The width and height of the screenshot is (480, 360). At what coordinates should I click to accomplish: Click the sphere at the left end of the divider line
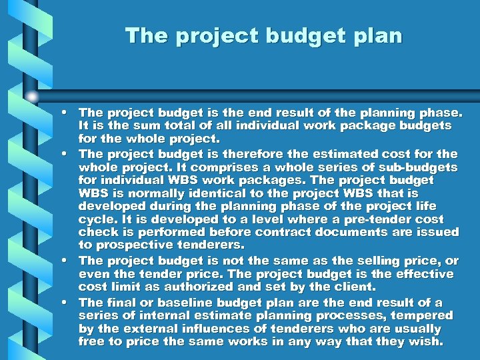tap(32, 95)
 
